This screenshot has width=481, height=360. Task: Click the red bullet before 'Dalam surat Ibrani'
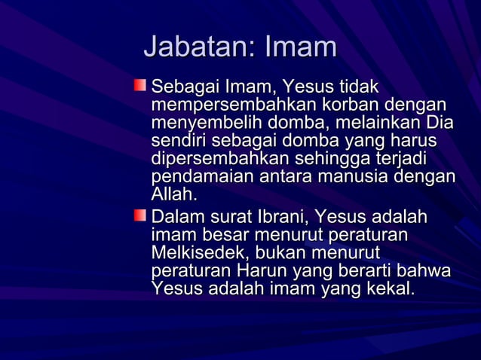tap(141, 217)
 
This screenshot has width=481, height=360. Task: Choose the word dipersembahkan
tap(219, 160)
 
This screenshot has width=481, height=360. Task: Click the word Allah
tap(173, 195)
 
